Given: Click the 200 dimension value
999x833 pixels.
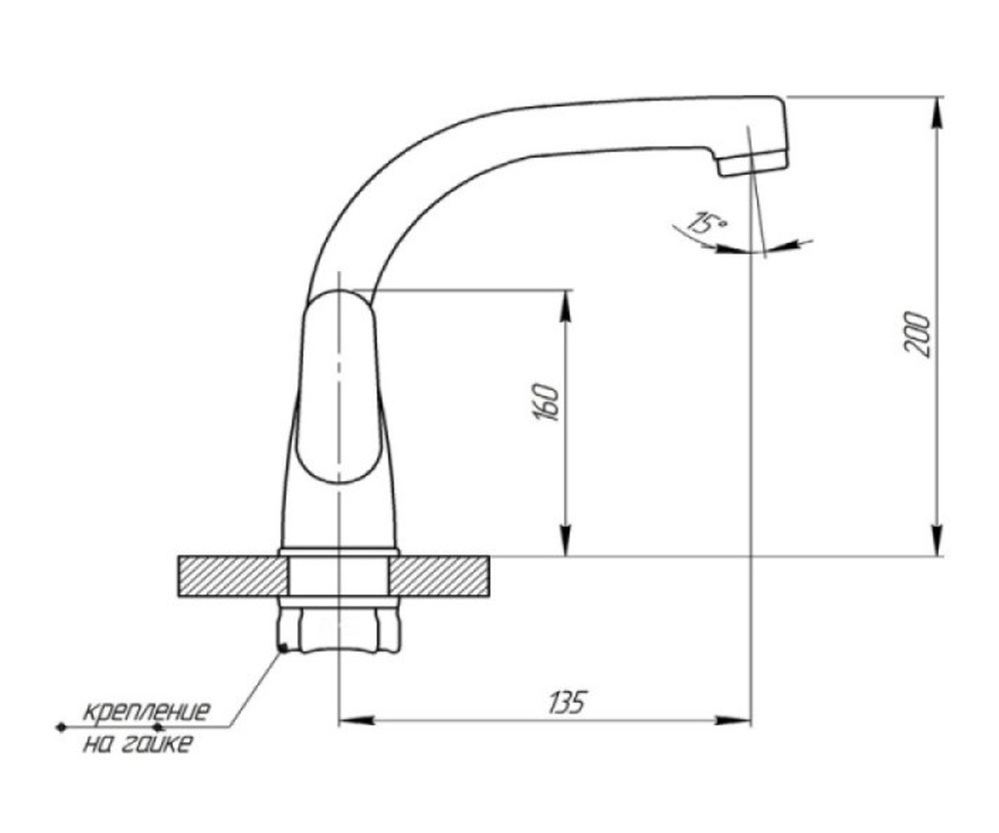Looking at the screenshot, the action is [917, 334].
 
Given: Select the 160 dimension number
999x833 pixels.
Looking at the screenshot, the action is [546, 402].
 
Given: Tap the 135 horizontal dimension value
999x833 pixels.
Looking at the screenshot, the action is [567, 702].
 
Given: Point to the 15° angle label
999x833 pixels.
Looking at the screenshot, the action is [707, 223].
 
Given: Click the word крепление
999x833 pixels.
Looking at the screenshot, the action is [147, 711].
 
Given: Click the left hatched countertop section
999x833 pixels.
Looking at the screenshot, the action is [233, 576].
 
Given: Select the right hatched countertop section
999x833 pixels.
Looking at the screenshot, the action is [439, 576].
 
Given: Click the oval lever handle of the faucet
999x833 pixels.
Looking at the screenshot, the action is [338, 386].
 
